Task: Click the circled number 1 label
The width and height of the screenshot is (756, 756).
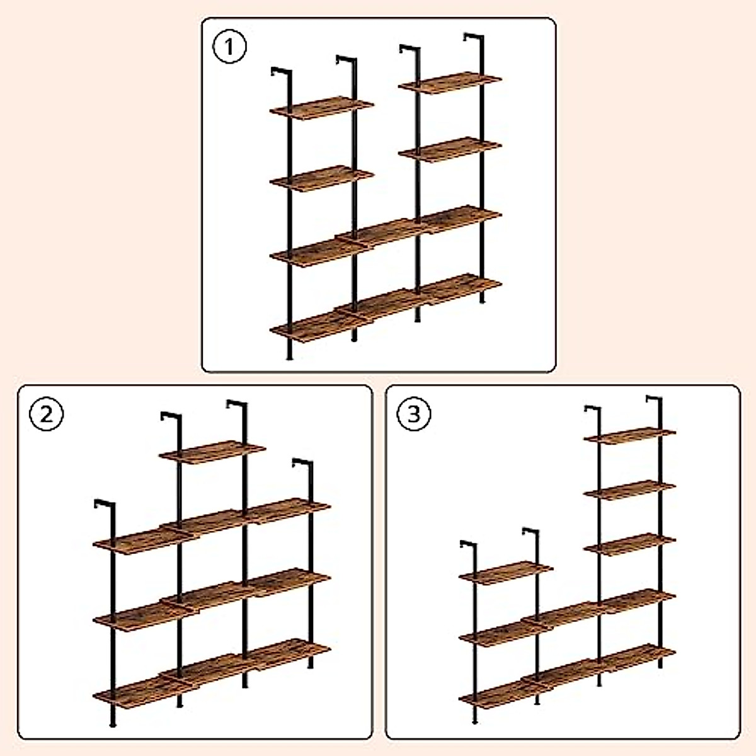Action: click(229, 47)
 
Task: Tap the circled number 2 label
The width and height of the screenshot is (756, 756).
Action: click(47, 415)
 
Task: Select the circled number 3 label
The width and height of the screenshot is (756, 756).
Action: click(414, 415)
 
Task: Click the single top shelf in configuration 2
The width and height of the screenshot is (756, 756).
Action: click(212, 452)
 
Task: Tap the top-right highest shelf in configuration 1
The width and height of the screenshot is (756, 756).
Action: click(450, 83)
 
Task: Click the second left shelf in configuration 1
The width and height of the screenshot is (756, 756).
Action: click(321, 178)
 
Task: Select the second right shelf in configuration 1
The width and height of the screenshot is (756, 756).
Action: click(450, 150)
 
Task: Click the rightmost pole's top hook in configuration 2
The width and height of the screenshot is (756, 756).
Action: click(302, 463)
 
